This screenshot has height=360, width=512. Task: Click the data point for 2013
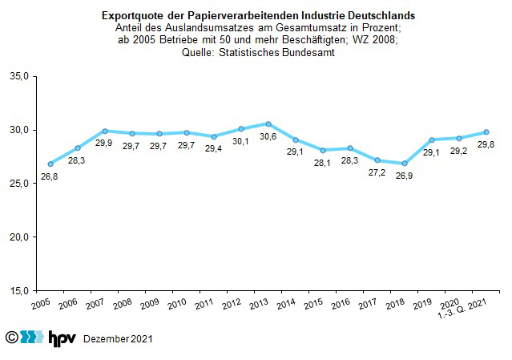click(x=268, y=123)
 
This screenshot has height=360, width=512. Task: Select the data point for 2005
click(x=50, y=164)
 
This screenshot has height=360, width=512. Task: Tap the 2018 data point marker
click(x=405, y=164)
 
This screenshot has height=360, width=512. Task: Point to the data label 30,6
click(x=268, y=136)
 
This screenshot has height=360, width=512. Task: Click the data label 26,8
click(x=50, y=176)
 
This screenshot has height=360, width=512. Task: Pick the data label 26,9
click(x=405, y=176)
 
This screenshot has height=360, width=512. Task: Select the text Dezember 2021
click(x=118, y=340)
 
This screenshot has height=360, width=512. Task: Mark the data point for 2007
click(x=105, y=131)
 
